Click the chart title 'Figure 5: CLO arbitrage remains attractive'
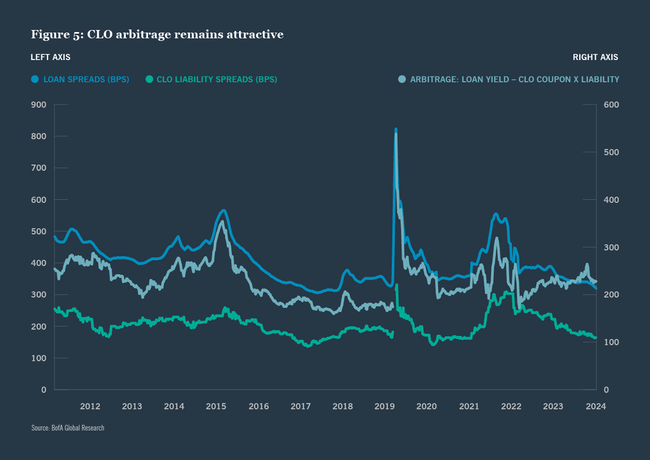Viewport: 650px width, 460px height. (x=157, y=35)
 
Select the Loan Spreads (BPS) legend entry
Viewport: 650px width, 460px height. (x=86, y=79)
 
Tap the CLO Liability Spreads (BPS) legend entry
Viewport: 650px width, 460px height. (x=216, y=79)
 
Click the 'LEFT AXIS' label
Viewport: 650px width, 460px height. (x=51, y=57)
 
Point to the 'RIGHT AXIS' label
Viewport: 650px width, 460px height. (x=595, y=57)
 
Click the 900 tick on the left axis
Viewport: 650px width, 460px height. (x=39, y=105)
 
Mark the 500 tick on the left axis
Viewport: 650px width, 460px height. (x=39, y=231)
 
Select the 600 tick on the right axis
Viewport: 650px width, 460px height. (x=611, y=105)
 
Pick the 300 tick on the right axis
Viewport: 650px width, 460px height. (x=611, y=247)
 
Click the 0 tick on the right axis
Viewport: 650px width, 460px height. (x=606, y=390)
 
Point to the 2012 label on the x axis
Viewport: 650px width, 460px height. (x=90, y=406)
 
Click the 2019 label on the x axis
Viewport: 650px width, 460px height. (x=385, y=406)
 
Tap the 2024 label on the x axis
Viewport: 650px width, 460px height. (x=596, y=406)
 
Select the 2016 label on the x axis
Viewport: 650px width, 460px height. (x=258, y=406)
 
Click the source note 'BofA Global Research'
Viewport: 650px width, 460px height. (x=68, y=428)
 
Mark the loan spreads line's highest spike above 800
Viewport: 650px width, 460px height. (x=396, y=129)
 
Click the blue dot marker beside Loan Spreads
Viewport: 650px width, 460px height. (x=35, y=79)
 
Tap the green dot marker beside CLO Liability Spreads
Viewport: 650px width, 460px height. (x=149, y=79)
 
